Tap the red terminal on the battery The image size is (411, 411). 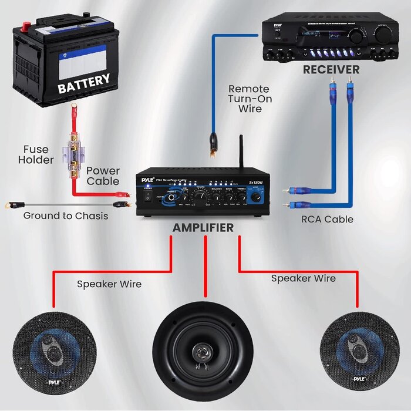click(x=25, y=27)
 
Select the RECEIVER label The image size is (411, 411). click(x=331, y=69)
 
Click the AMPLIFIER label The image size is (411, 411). click(x=203, y=227)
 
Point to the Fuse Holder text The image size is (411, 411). click(x=36, y=154)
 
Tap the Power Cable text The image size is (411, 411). click(x=103, y=176)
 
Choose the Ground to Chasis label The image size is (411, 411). click(x=66, y=215)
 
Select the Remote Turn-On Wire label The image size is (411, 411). click(x=250, y=99)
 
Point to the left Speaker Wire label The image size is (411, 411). click(x=109, y=284)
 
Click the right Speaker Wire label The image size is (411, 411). click(x=303, y=278)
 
